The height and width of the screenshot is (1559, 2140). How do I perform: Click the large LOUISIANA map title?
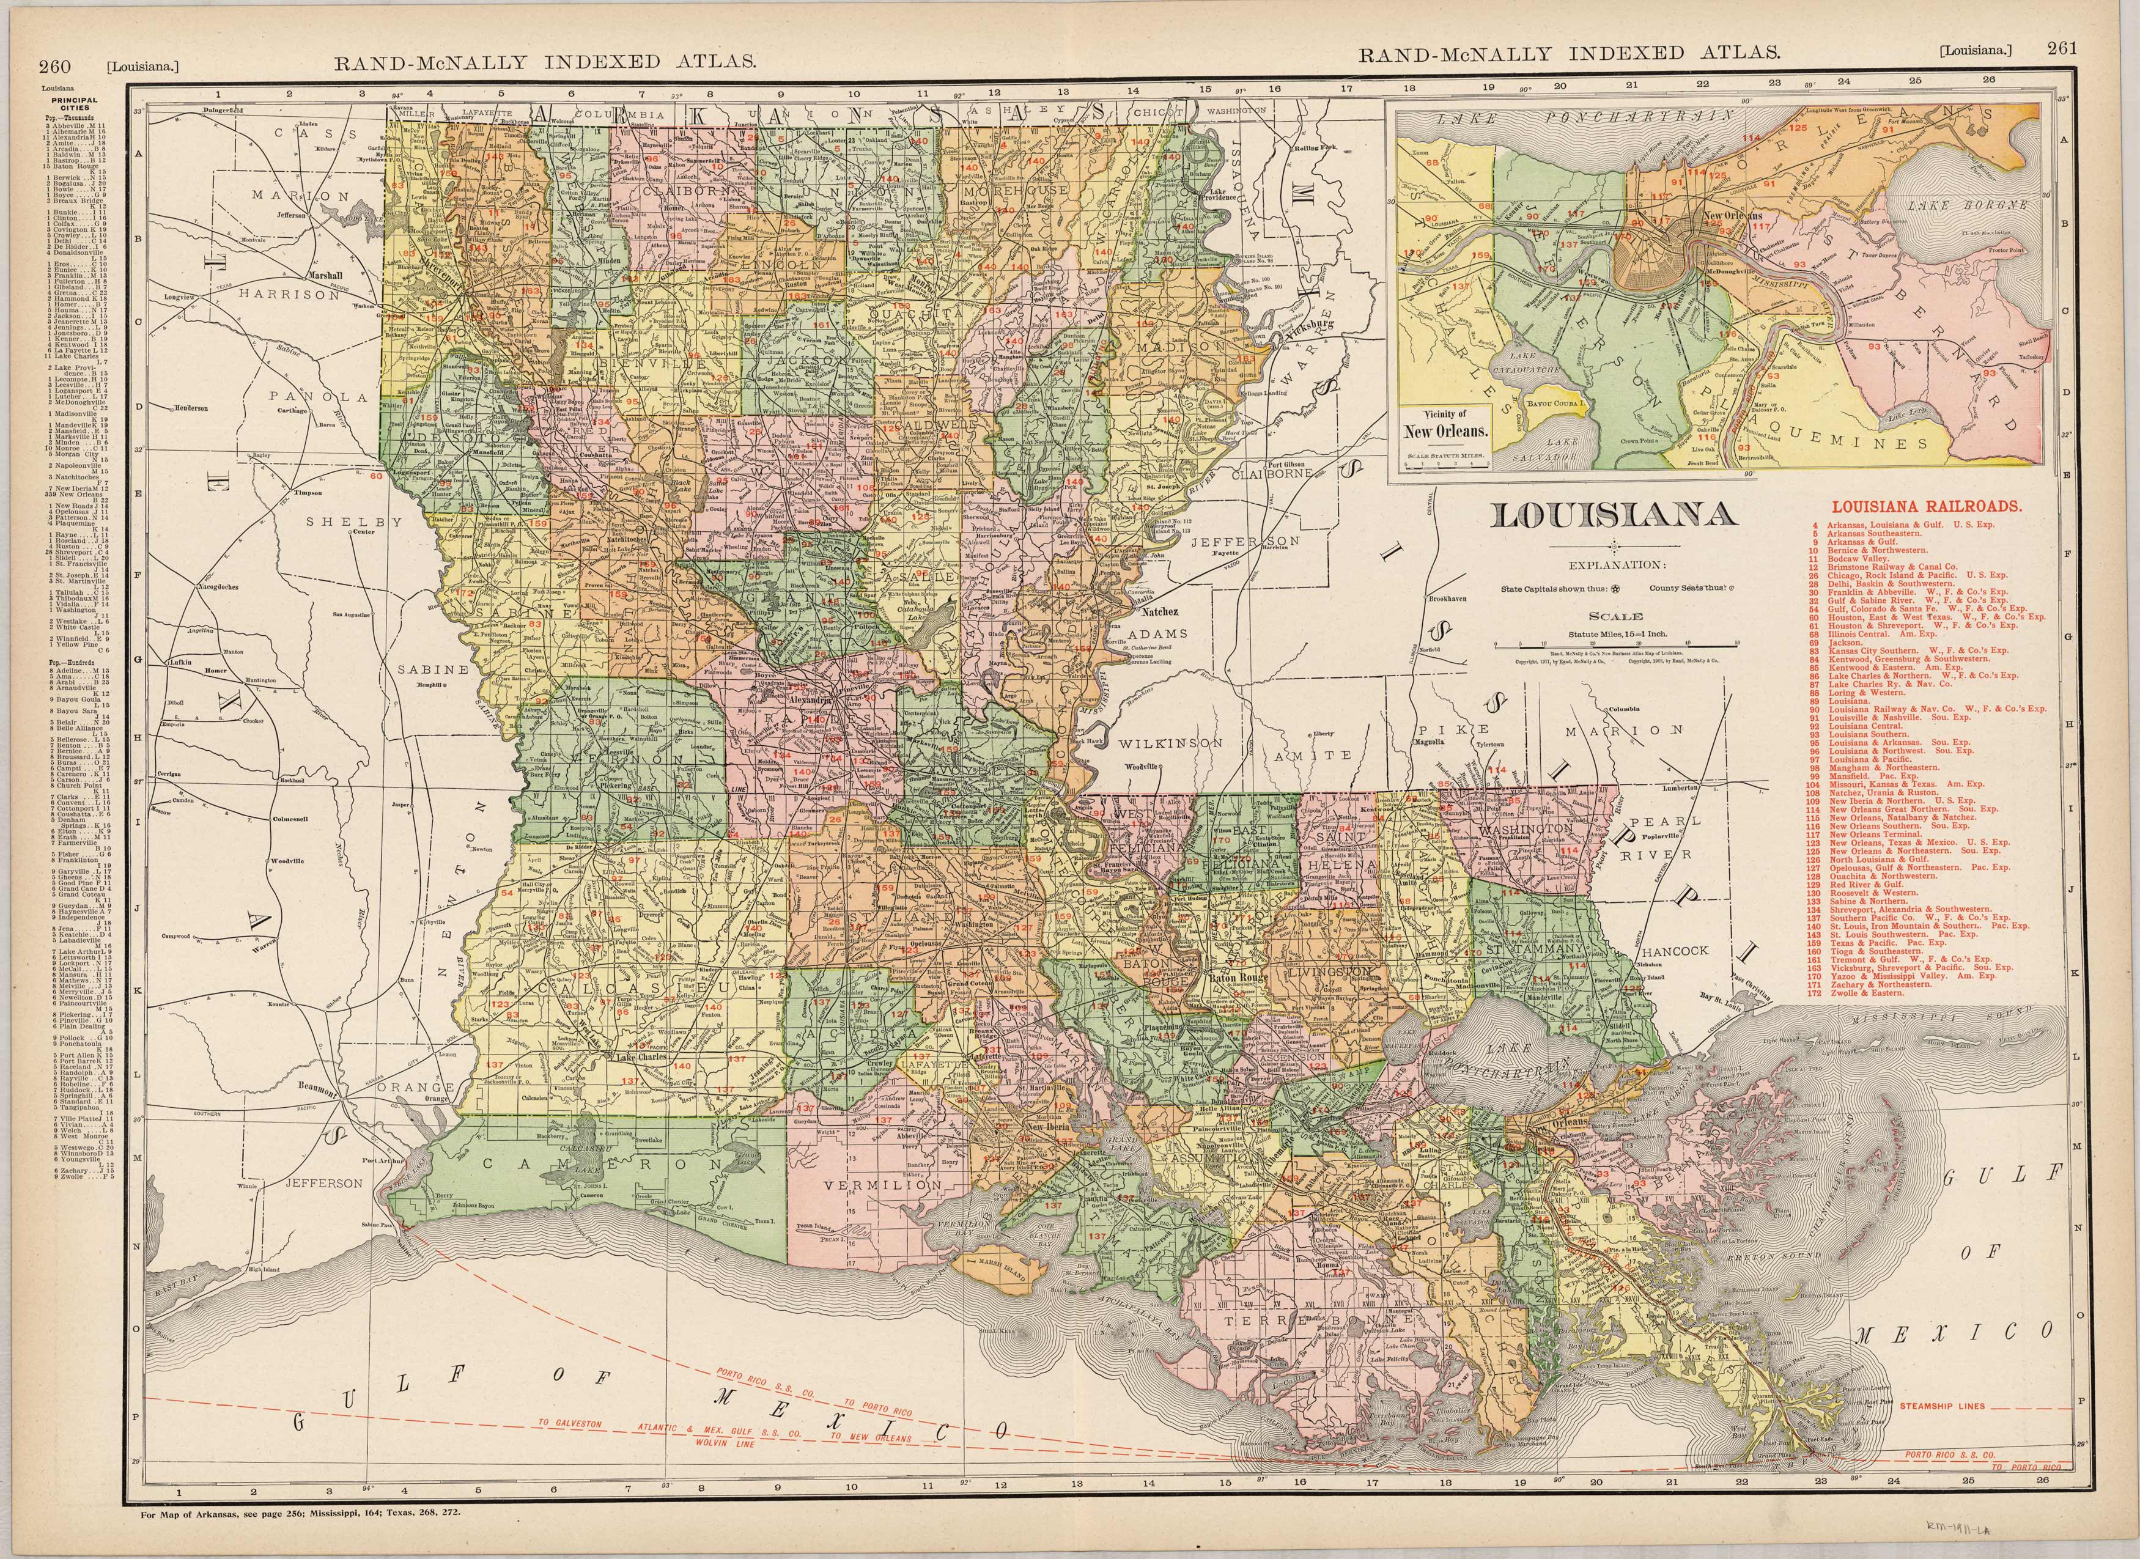[x=1614, y=515]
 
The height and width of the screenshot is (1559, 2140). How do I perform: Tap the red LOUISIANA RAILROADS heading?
[x=1927, y=506]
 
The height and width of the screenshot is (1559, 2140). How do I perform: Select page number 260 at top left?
[x=55, y=65]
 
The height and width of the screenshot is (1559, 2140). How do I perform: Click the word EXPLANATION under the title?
[x=1617, y=566]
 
